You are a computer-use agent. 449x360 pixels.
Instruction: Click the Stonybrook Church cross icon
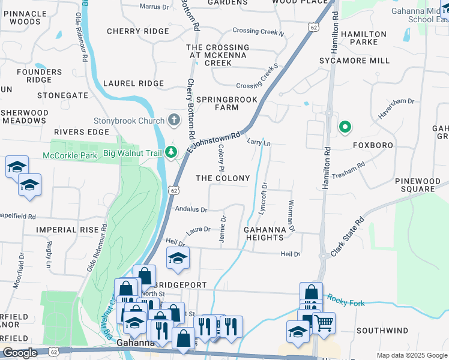(x=173, y=120)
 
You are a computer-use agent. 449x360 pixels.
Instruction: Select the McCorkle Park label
(x=70, y=155)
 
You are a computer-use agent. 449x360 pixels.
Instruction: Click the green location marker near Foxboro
(x=345, y=127)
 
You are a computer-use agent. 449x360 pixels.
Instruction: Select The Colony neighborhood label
(x=223, y=178)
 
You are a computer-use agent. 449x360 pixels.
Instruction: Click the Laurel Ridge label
(x=133, y=83)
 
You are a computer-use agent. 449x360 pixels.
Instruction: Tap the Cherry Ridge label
(x=138, y=31)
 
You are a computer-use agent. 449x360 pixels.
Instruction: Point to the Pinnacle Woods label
(x=25, y=17)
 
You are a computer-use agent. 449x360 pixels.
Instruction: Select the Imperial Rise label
(x=67, y=229)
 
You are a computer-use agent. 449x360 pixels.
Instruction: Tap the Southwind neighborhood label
(x=382, y=331)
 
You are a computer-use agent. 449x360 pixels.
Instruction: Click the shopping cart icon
(x=324, y=323)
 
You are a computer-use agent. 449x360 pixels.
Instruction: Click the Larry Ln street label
(x=259, y=142)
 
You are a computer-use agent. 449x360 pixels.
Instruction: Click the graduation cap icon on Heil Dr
(x=178, y=257)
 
